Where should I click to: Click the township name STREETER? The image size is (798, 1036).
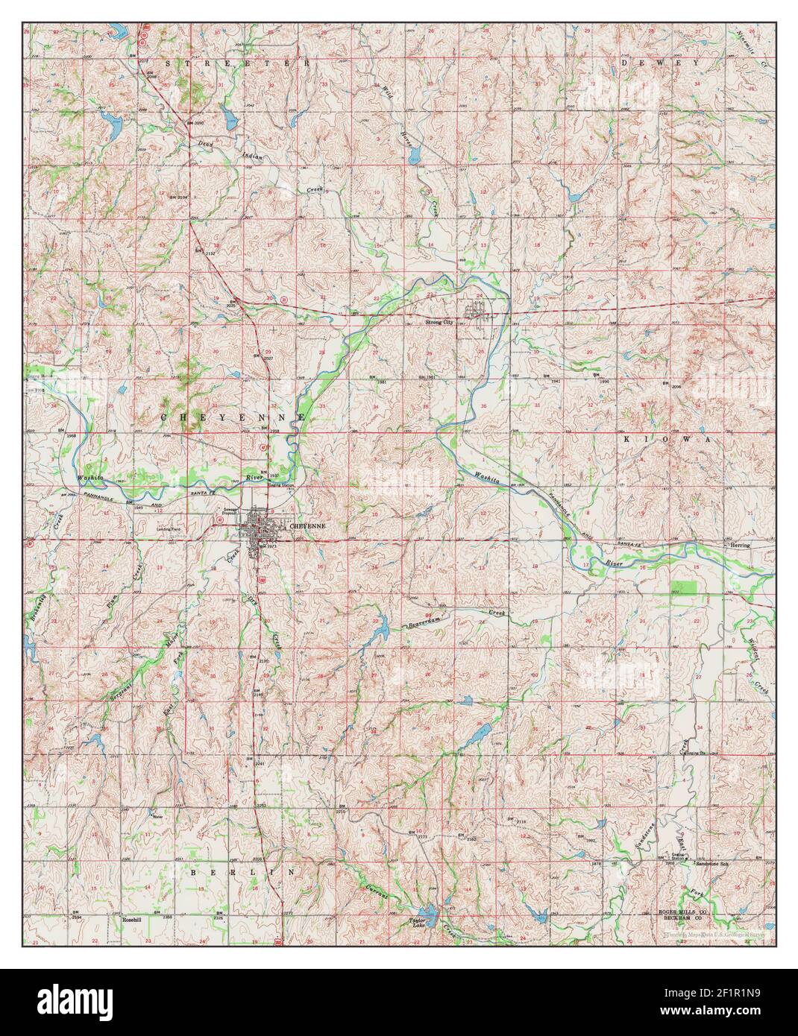(x=236, y=64)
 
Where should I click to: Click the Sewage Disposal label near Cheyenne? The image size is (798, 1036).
(x=230, y=511)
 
